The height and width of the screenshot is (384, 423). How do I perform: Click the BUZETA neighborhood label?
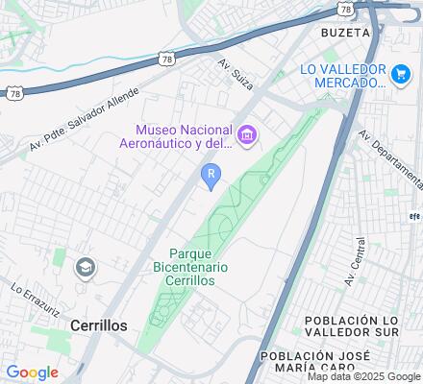(346, 32)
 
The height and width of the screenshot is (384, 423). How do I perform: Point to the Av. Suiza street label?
(234, 73)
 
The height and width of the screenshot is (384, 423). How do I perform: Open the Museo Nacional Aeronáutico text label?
(186, 138)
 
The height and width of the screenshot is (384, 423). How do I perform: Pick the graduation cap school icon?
(86, 266)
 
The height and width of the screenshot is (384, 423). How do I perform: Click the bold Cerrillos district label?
(98, 325)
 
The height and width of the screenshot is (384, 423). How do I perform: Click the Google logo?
(32, 372)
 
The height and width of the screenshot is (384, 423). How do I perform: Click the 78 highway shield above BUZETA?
(343, 9)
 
